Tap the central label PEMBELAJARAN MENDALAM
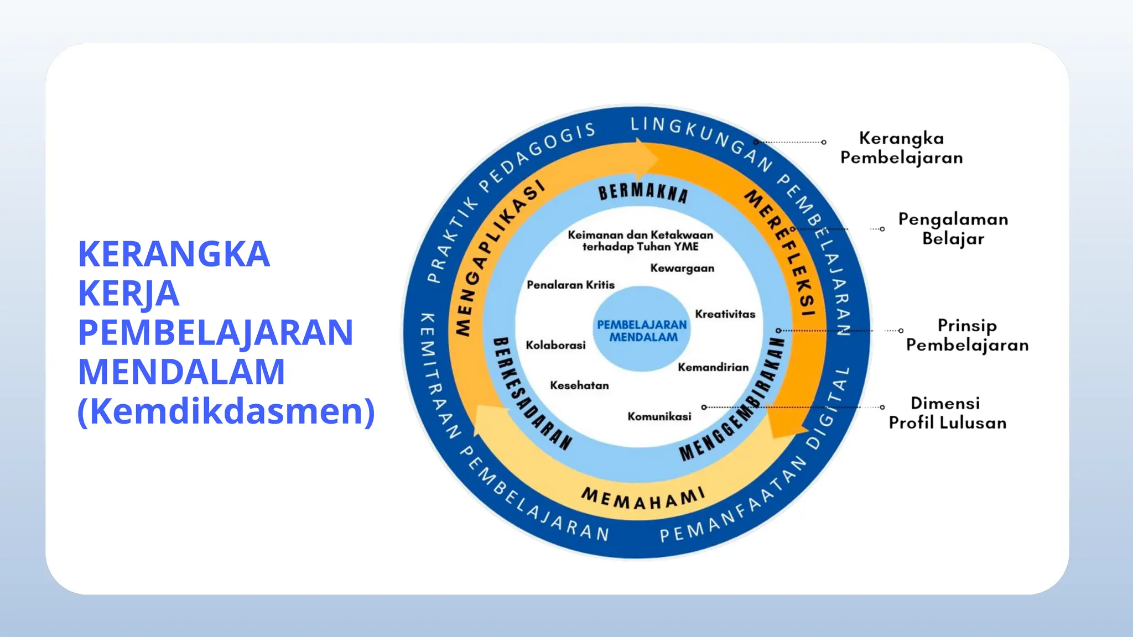click(642, 331)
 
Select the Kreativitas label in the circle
click(725, 314)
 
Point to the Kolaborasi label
click(555, 345)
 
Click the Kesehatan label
click(579, 385)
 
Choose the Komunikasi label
click(659, 416)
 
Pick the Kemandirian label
click(713, 367)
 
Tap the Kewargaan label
click(682, 268)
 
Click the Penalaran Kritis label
click(570, 285)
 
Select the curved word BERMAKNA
click(643, 192)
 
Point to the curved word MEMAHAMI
click(643, 498)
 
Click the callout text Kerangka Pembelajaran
click(901, 148)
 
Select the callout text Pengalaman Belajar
click(953, 229)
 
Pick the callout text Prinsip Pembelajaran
click(967, 335)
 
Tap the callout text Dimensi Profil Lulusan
click(947, 413)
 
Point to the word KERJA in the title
click(129, 293)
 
